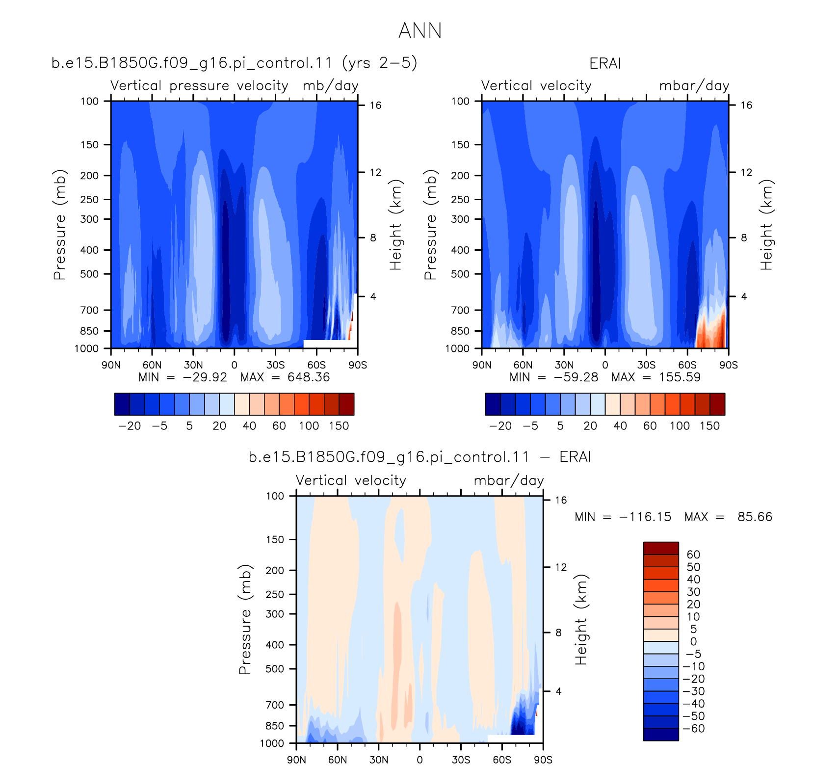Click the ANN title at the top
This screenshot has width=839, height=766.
(x=420, y=30)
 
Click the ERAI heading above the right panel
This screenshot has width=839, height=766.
(x=605, y=64)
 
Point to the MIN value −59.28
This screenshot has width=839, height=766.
(x=576, y=377)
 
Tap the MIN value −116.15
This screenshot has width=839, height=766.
(x=645, y=517)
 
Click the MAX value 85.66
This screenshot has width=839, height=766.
(x=755, y=517)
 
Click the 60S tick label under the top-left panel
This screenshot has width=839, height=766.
(x=316, y=365)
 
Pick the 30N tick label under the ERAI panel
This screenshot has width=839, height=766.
(x=564, y=365)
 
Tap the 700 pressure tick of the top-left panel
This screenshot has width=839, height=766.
(x=89, y=310)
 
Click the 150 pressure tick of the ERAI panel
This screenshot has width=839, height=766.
(x=460, y=145)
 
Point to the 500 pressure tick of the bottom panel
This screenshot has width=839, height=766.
(x=275, y=669)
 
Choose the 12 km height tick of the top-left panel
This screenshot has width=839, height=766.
(x=375, y=172)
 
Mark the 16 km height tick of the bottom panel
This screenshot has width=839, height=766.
(x=561, y=501)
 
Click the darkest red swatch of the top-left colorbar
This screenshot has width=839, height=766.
(x=346, y=404)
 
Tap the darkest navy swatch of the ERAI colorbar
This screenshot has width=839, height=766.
(x=493, y=404)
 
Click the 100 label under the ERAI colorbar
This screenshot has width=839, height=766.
(x=680, y=426)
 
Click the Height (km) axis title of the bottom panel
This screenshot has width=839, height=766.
(x=581, y=619)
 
